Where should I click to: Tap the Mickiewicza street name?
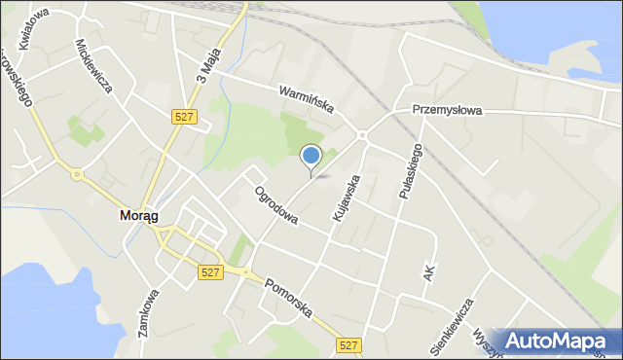click(x=95, y=67)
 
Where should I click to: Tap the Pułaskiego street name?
click(x=409, y=171)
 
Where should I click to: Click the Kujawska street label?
click(x=347, y=197)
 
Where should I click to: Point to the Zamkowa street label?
click(x=149, y=311)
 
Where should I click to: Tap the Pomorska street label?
click(x=287, y=298)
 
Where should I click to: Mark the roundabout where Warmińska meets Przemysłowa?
click(x=361, y=135)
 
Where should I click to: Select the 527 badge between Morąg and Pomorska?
click(x=208, y=273)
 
